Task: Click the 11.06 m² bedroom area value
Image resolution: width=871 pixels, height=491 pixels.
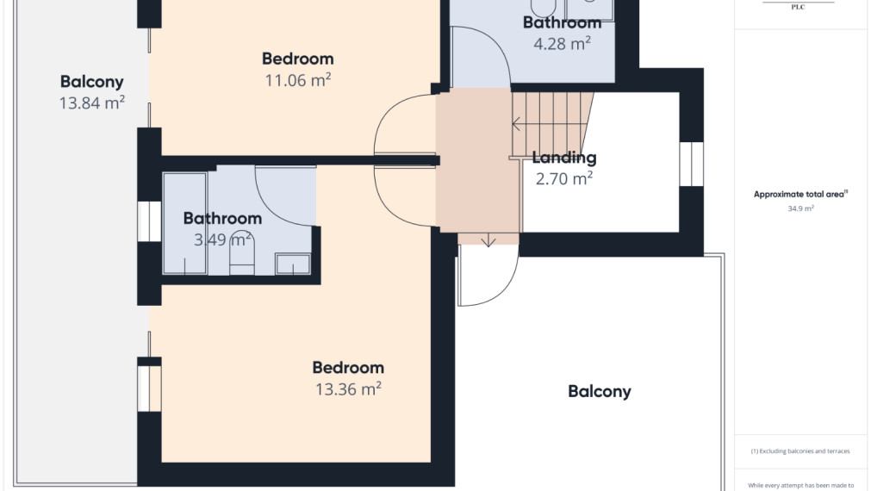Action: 298,80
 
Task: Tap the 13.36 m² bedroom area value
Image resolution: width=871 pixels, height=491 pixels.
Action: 348,388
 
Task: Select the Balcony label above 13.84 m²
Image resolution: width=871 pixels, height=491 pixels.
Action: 91,82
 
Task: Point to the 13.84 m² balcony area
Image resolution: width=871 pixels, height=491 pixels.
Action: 91,103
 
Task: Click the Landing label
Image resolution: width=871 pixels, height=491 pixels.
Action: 564,158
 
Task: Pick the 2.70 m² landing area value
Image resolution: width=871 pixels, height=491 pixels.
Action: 564,179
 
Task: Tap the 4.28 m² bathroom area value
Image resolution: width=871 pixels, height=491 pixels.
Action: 563,44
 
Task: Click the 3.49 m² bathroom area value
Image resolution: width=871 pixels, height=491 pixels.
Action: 223,240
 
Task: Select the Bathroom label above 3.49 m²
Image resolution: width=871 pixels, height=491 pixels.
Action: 223,218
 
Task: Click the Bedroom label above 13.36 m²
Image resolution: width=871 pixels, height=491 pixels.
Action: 348,368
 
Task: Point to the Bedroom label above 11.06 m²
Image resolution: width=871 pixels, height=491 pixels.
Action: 298,59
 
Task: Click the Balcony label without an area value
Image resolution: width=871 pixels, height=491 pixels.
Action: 600,392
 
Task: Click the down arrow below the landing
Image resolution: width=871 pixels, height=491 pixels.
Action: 488,240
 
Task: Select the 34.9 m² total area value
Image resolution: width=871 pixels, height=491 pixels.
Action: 800,208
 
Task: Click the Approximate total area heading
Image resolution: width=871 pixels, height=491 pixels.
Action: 800,195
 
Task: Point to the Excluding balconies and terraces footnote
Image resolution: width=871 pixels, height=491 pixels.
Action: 800,451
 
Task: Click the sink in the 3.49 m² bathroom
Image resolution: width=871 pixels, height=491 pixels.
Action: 293,264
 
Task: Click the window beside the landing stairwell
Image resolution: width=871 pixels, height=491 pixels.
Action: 692,164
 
